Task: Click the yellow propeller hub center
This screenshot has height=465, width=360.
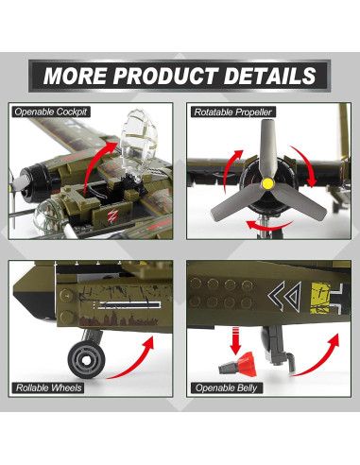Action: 267,181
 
